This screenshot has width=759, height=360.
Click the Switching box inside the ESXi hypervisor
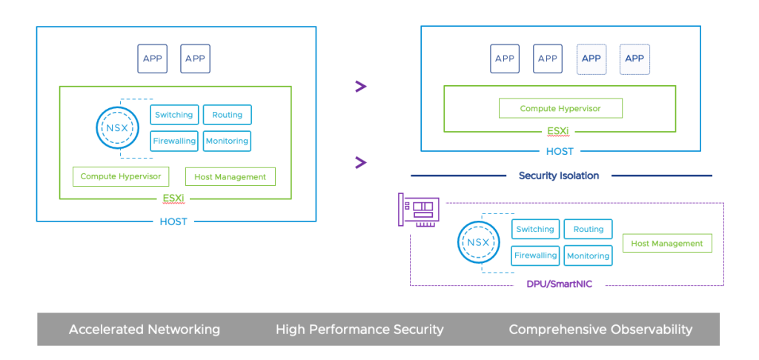click(174, 115)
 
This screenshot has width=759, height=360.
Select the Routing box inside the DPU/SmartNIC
click(589, 230)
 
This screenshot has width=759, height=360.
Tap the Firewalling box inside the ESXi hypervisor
click(174, 141)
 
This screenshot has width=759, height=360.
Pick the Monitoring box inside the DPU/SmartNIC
click(589, 256)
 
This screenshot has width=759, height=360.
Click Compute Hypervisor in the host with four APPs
click(560, 108)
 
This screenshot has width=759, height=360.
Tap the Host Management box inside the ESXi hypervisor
click(230, 177)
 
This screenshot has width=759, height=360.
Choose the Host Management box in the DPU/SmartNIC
click(667, 243)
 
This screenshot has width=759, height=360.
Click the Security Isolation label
click(559, 176)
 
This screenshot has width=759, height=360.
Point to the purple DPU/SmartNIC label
click(559, 284)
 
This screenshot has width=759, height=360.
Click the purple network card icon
click(419, 211)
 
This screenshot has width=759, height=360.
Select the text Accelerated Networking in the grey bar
click(145, 330)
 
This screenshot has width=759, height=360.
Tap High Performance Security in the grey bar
click(359, 330)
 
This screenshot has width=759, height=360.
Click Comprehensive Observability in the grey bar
click(600, 330)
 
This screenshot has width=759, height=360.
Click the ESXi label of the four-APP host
click(559, 133)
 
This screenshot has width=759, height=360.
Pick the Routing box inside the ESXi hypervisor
click(228, 115)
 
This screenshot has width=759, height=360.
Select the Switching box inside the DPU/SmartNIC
click(535, 230)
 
